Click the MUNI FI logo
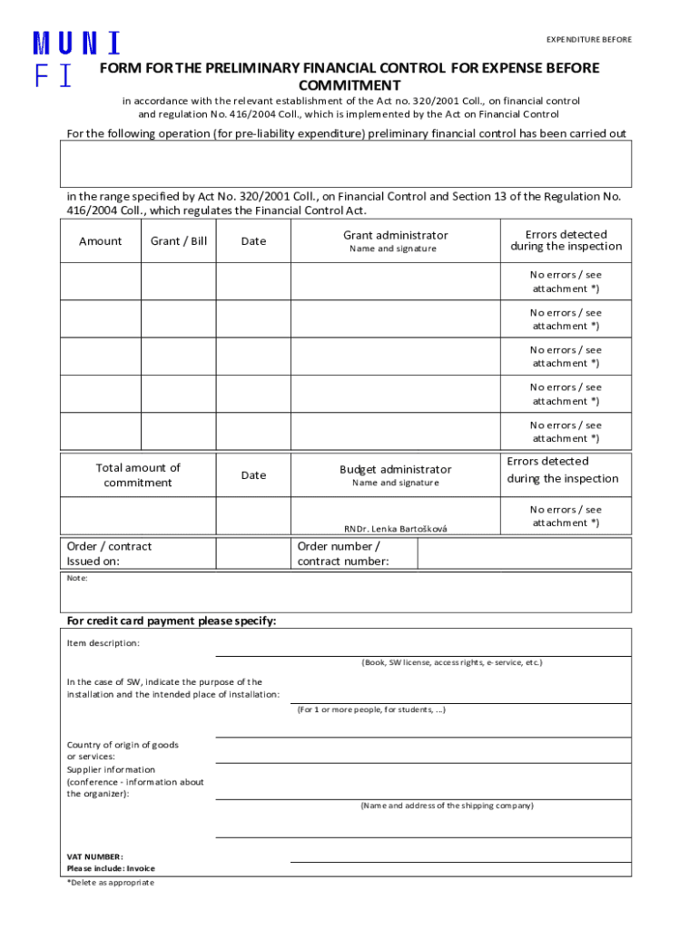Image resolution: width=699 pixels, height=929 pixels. point(76,59)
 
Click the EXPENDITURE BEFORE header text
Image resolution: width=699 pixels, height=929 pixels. point(588,40)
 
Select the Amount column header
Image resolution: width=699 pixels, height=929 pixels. point(100,241)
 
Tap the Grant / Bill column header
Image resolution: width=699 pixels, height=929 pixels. point(178,241)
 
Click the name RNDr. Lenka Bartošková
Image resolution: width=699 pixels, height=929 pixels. point(395,529)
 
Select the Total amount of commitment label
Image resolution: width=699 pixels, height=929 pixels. point(138,475)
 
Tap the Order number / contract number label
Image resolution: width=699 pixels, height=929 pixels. point(343,553)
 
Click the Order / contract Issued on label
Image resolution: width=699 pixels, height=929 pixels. point(109,553)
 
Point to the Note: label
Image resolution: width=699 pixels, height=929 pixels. point(77,577)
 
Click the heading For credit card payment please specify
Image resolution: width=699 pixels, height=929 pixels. point(172,621)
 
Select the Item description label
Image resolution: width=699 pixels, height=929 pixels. point(103,643)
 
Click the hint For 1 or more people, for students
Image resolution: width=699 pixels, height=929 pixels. point(371,709)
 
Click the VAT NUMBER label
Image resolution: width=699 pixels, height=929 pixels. point(94,856)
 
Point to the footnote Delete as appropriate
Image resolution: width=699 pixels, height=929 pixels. point(110,882)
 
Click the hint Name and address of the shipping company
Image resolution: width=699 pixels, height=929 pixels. point(447,806)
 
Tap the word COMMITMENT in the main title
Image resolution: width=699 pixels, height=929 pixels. point(349,84)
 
